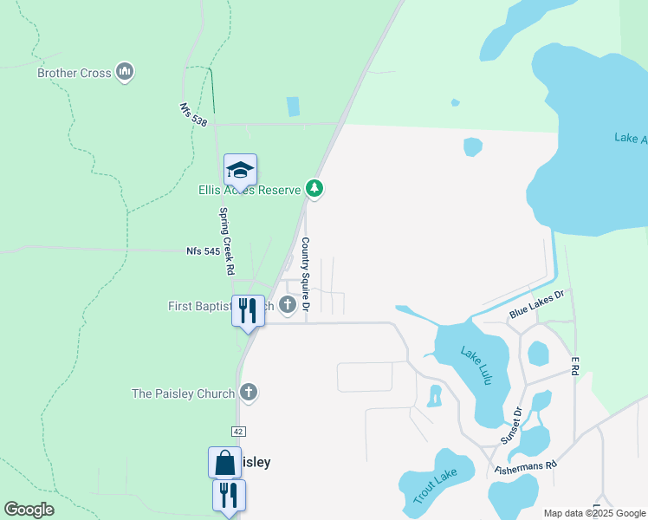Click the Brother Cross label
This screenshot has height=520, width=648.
coord(75,73)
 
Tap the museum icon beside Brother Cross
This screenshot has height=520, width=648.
coord(125,71)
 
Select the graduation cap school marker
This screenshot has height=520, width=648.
coord(240,170)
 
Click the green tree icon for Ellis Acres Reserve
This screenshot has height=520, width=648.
coord(314,188)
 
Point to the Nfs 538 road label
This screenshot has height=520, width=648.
coord(193,115)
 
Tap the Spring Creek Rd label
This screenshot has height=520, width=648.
coord(226,241)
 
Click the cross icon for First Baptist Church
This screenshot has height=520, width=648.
coord(288,305)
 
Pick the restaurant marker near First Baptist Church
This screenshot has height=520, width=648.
coord(248,310)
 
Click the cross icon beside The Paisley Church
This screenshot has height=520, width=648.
coord(249,393)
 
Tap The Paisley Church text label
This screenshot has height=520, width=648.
coord(183,393)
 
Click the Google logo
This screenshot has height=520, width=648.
coord(29,509)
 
